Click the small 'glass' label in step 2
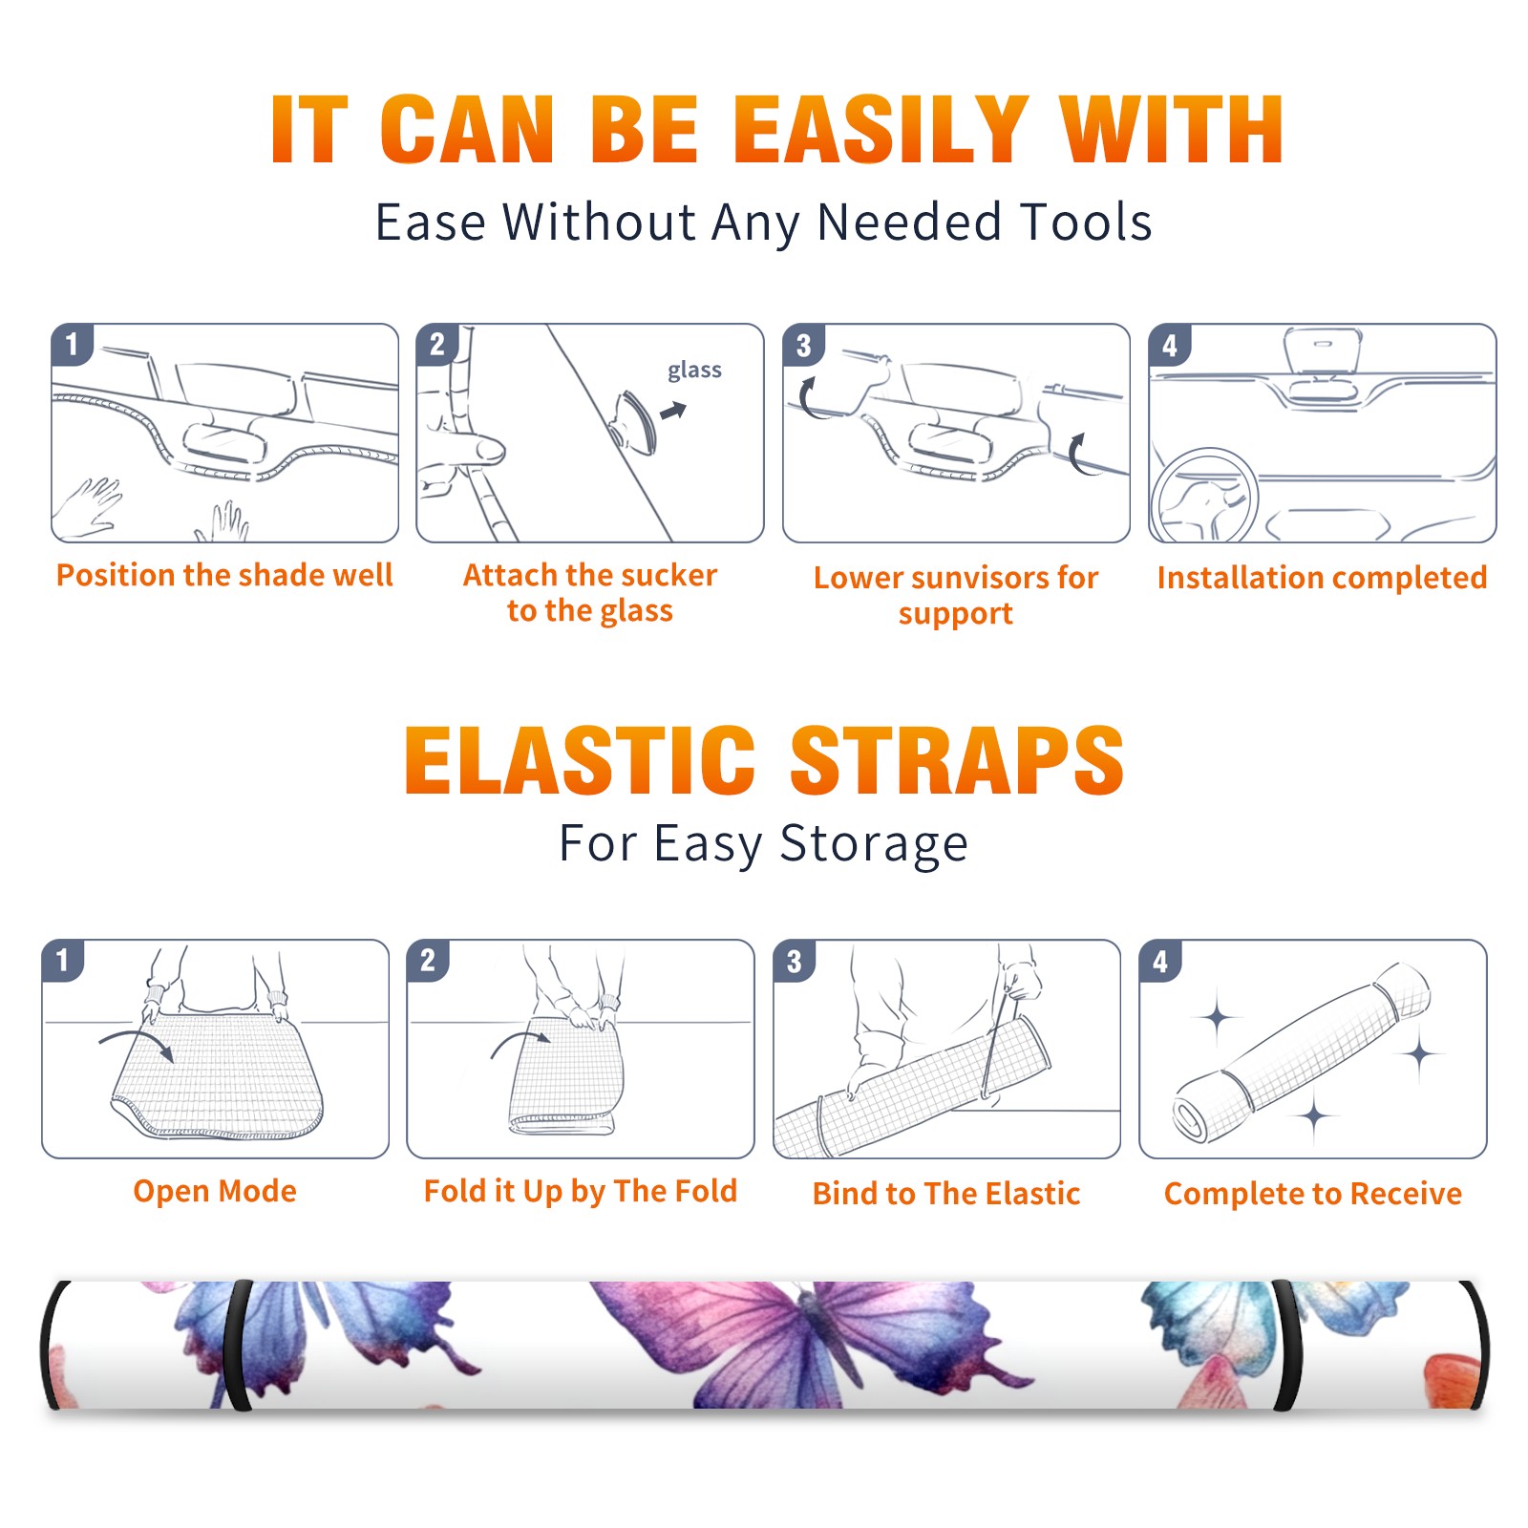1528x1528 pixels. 694,371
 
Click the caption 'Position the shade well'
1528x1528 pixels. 224,575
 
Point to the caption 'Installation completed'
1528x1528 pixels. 1322,578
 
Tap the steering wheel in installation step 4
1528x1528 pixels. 1204,496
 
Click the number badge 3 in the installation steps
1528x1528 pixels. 802,345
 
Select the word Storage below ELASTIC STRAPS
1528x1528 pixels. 874,844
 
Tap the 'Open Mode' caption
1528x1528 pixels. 215,1191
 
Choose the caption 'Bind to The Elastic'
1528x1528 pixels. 946,1194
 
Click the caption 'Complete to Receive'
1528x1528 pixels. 1313,1194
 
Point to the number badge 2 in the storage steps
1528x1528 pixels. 427,960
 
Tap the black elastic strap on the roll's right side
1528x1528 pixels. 1284,1345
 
